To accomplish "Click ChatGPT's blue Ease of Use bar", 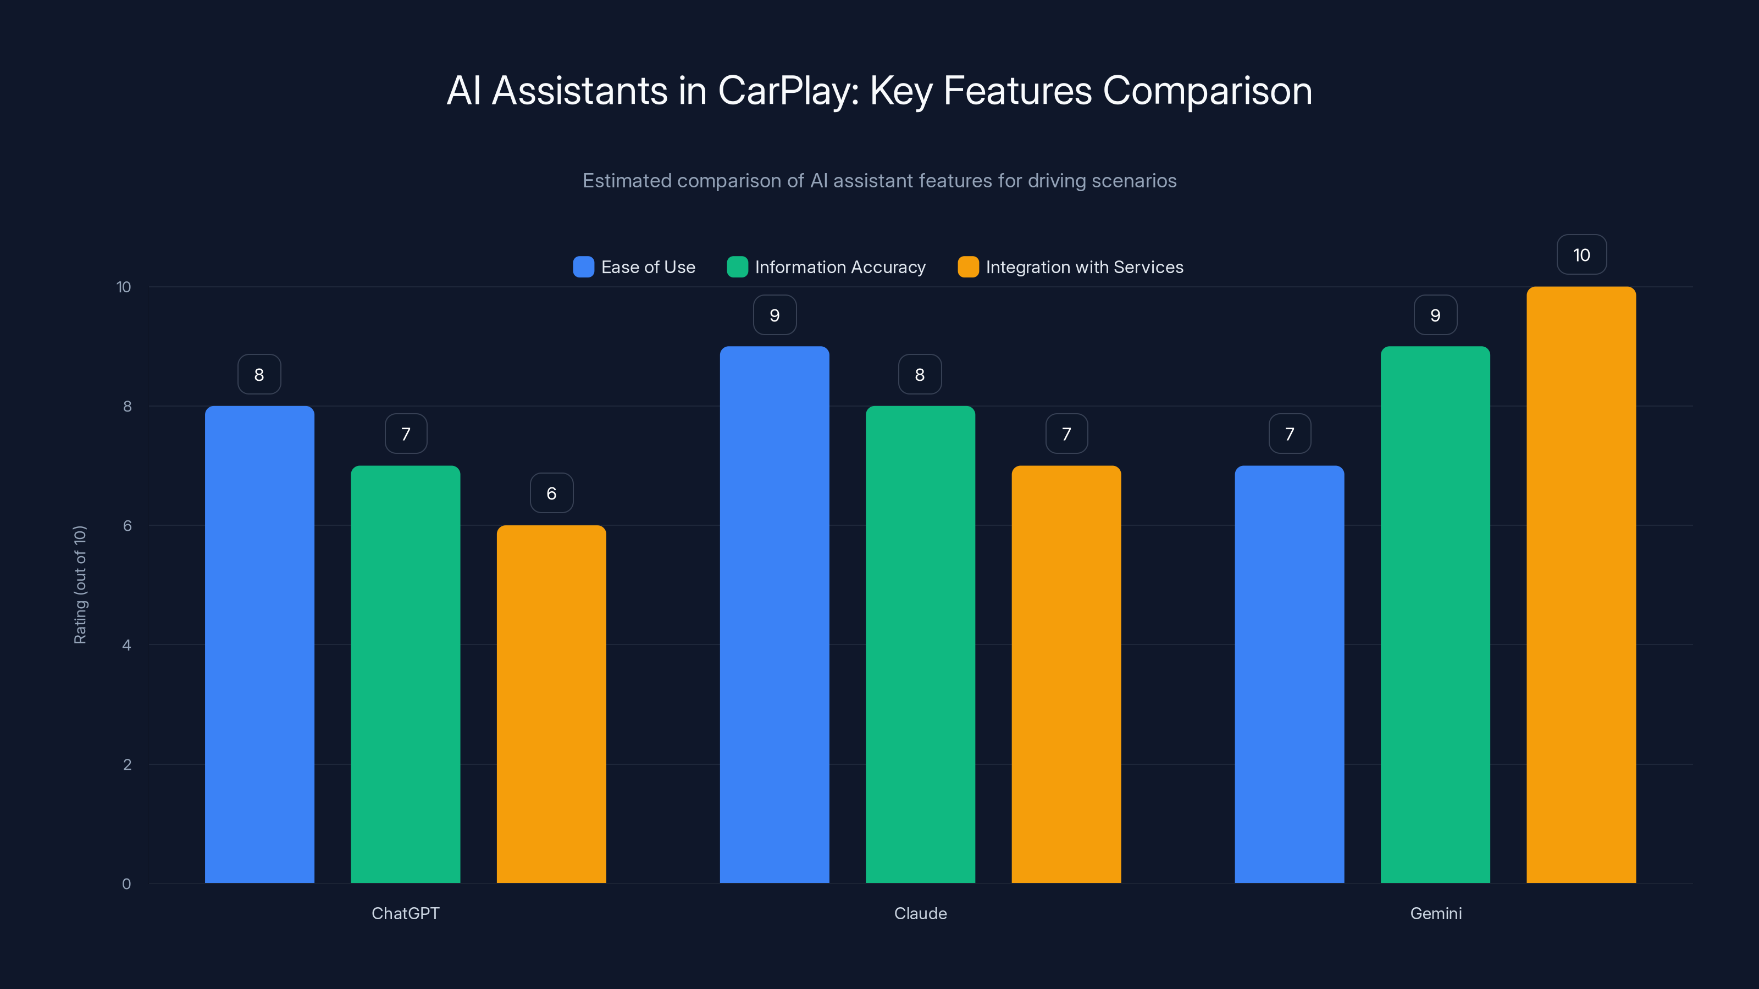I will click(x=259, y=644).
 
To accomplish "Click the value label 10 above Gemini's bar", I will click(x=1581, y=254).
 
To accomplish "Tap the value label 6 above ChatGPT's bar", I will click(x=551, y=493).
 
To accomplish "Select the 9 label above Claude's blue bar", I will click(x=775, y=315).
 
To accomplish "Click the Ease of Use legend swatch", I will click(x=583, y=267).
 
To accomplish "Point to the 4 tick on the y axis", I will click(x=126, y=645).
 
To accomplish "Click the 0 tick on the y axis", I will click(x=126, y=884).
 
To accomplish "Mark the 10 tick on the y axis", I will click(x=124, y=287).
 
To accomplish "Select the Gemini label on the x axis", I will click(x=1435, y=913).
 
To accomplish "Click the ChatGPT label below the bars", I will click(x=405, y=913).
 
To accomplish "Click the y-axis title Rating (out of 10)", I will click(x=80, y=584).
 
